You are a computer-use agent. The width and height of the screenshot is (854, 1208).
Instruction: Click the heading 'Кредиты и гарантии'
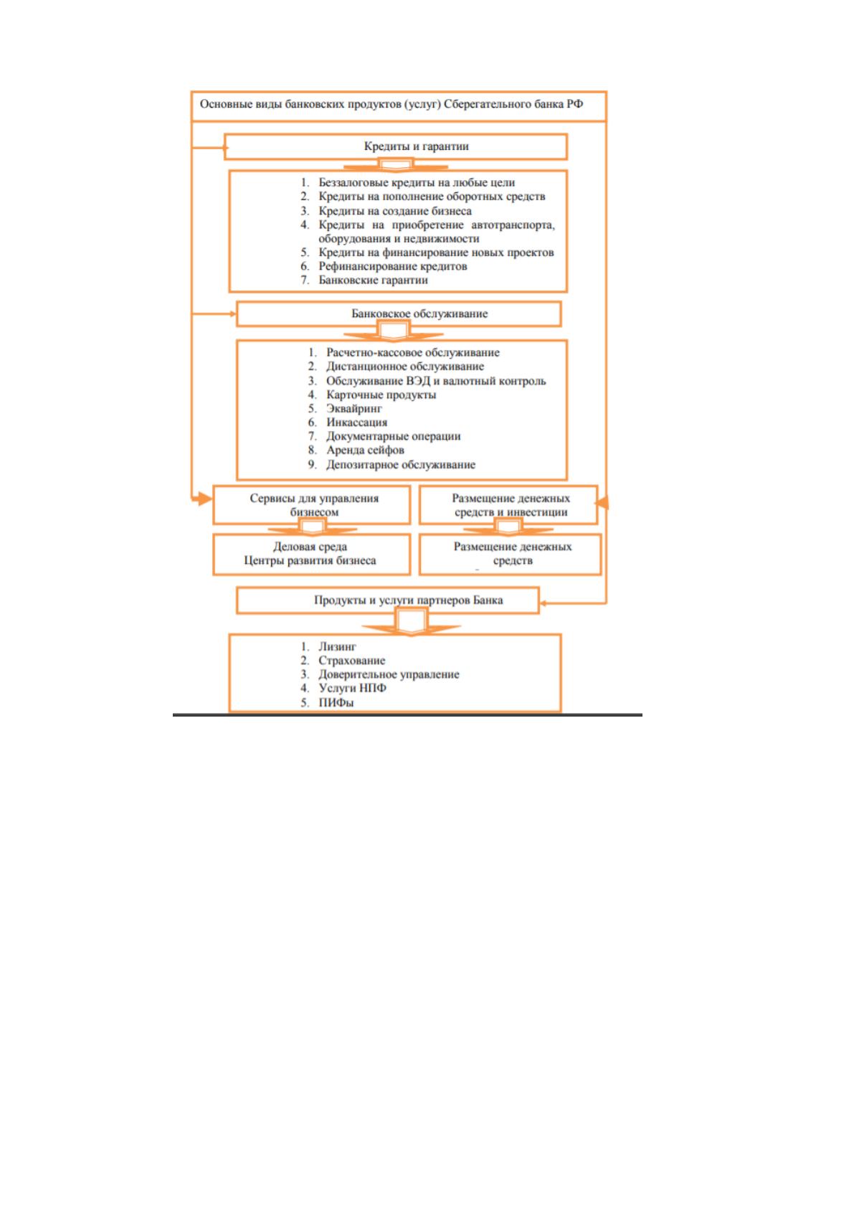416,146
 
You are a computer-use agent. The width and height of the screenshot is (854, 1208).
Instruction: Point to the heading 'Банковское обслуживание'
419,314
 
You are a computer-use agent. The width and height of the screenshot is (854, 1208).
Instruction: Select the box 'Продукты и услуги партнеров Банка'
388,600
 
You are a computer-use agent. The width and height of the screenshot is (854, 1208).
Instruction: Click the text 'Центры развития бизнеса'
310,561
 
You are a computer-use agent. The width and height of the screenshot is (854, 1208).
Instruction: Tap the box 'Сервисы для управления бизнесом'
312,505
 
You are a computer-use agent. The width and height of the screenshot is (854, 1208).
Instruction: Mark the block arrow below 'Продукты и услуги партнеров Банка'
412,623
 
